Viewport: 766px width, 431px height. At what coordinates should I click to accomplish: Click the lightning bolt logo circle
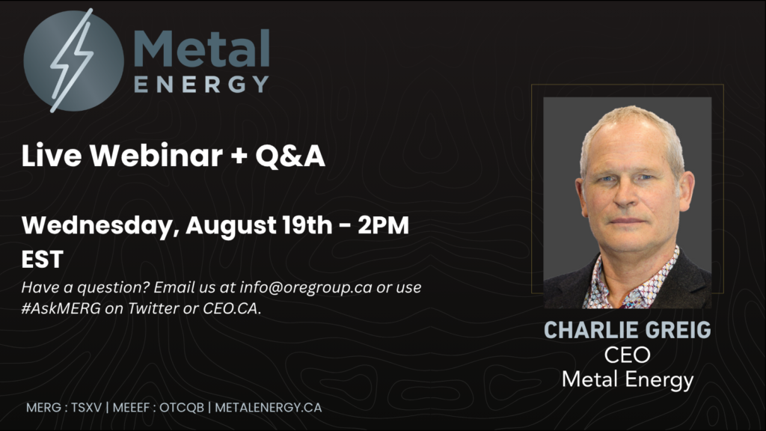[73, 61]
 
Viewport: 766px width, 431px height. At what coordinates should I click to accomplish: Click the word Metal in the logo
[201, 49]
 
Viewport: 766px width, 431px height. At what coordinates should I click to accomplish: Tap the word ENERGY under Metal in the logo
[201, 84]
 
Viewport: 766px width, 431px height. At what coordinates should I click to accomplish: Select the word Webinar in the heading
[156, 156]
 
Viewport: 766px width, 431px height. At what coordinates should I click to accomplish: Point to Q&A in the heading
[290, 156]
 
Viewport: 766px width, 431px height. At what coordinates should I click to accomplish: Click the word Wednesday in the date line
[97, 226]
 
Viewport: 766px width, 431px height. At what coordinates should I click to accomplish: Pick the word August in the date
[231, 226]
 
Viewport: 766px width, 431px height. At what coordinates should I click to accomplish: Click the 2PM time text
[384, 225]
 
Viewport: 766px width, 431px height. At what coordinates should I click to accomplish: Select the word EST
[43, 260]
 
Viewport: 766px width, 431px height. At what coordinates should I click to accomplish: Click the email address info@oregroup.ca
[306, 287]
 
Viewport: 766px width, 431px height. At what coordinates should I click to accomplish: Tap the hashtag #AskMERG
[61, 308]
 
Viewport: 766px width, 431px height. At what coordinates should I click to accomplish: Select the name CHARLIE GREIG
[628, 330]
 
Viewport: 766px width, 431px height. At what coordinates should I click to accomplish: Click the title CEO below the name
[628, 355]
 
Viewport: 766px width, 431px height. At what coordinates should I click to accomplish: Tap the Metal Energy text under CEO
[628, 380]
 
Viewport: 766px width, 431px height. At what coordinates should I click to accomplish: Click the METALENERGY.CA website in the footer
[269, 408]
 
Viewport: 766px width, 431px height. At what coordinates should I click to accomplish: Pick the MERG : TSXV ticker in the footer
[64, 408]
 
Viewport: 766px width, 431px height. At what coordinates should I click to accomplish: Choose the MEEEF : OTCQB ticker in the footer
[159, 408]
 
